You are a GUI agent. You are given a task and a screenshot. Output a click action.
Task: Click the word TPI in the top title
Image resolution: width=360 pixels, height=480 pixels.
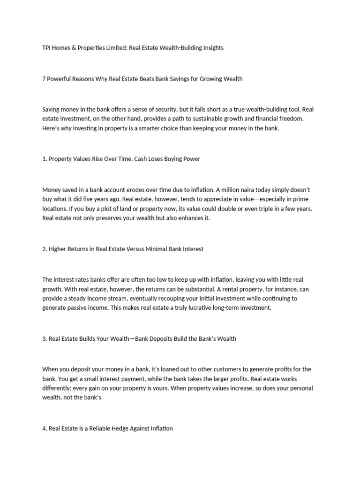click(x=47, y=48)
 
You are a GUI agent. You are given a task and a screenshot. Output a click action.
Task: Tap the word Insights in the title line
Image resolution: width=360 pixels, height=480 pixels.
click(x=211, y=48)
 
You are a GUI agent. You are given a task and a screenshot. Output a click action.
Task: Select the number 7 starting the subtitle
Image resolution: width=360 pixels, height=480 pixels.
click(x=44, y=79)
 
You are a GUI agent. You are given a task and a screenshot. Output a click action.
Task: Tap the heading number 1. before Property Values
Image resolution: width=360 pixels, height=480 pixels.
click(x=45, y=159)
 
